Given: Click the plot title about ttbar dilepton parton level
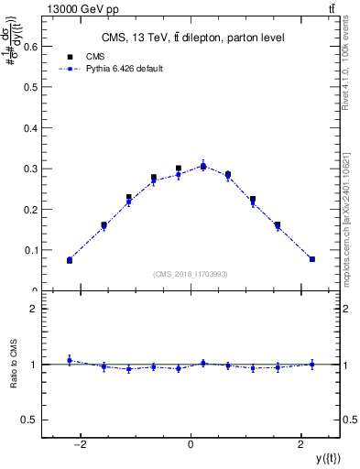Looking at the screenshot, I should click(x=191, y=38).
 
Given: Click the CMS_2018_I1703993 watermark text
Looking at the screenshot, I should click(x=191, y=273).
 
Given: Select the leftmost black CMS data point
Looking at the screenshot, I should click(x=70, y=261).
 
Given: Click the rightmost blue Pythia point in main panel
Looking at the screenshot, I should click(x=312, y=259).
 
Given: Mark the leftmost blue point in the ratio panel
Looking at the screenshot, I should click(x=70, y=360).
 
